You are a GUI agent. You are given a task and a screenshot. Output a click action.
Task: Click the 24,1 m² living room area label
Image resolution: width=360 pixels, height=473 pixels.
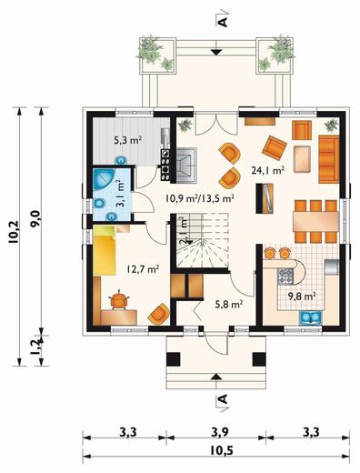[x=267, y=170]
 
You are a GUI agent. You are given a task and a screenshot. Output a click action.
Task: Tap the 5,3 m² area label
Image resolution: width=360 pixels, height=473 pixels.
[x=128, y=140]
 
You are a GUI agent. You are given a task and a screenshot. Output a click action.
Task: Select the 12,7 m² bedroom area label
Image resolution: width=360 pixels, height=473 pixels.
[x=143, y=268]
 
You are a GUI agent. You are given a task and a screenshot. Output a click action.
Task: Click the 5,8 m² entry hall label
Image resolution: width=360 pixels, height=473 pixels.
[x=229, y=304]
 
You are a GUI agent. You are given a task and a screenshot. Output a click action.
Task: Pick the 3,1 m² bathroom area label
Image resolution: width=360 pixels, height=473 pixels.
[x=120, y=193]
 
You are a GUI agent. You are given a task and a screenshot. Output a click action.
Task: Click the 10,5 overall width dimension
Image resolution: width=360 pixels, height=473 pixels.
[x=222, y=451]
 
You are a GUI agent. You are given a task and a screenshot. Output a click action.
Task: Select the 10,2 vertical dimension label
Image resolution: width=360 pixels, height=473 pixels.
[x=14, y=232]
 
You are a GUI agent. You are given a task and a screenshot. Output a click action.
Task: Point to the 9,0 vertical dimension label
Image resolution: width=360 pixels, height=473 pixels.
[x=35, y=219]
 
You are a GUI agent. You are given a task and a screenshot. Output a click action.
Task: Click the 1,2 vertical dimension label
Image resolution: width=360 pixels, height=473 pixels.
[x=35, y=347]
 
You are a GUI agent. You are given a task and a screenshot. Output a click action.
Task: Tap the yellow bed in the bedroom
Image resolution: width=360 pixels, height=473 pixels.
[x=105, y=251]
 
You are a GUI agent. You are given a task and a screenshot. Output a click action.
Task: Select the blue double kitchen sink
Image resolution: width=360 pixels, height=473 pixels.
[x=311, y=317]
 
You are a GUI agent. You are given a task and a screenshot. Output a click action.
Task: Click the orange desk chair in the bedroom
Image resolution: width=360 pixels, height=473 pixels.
[x=119, y=300]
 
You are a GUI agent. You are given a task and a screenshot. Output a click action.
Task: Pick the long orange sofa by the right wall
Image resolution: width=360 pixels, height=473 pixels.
[x=328, y=159]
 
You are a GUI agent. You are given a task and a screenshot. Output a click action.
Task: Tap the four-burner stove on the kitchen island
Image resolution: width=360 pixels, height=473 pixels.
[x=285, y=277]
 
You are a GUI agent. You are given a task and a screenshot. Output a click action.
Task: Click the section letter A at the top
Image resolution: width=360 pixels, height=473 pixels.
[x=223, y=22]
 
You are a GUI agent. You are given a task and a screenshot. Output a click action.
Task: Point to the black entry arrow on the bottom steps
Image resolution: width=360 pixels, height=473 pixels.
[x=215, y=377]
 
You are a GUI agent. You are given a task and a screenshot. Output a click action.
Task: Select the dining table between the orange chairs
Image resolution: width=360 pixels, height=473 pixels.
[x=315, y=221]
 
